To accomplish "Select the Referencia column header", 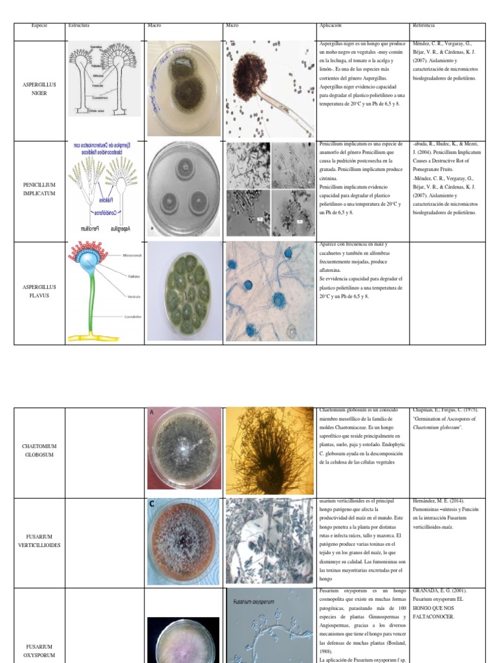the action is pos(423,25).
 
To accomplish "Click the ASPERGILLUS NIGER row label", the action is pos(39,89).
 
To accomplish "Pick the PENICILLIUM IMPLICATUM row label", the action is pos(39,189).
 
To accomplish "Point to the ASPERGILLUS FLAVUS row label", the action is pos(39,291).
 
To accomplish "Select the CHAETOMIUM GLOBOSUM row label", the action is pos(39,451).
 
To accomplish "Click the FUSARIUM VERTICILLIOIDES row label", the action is pos(39,542).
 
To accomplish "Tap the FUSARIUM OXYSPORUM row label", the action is pos(39,650).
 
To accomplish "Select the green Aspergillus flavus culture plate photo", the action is pos(184,292).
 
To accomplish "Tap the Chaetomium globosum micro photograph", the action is pos(269,450).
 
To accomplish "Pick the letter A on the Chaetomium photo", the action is pos(152,412).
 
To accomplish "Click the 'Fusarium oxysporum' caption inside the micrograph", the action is pos(251,601).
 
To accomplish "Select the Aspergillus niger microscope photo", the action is pos(269,89).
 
